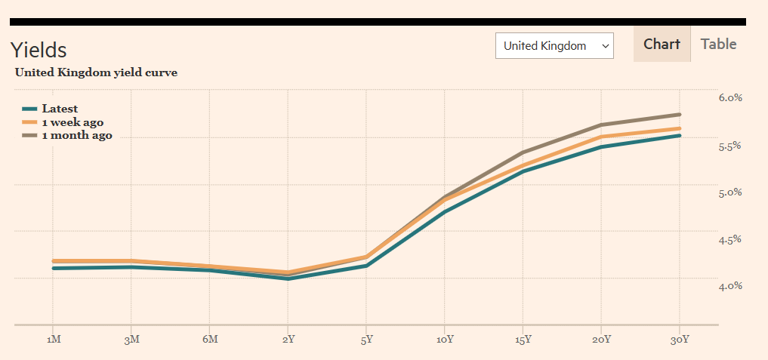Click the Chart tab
(x=662, y=45)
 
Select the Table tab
(x=718, y=45)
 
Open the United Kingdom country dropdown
(x=554, y=46)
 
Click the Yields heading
(x=39, y=50)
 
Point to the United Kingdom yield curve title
(x=96, y=73)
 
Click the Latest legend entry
(x=60, y=109)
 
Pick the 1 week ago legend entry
(x=72, y=122)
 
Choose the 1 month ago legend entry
(x=76, y=136)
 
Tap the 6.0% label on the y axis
(x=730, y=97)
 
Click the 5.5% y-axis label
(x=730, y=146)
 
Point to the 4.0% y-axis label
(x=730, y=285)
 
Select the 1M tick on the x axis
(x=53, y=340)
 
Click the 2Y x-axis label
(x=288, y=340)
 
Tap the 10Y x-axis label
(x=445, y=340)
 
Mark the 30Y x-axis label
(x=680, y=340)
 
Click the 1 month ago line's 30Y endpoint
(x=680, y=115)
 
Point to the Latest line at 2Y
(x=288, y=278)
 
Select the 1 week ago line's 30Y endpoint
(x=680, y=128)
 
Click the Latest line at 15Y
(x=523, y=171)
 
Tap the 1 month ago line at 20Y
(x=601, y=125)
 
